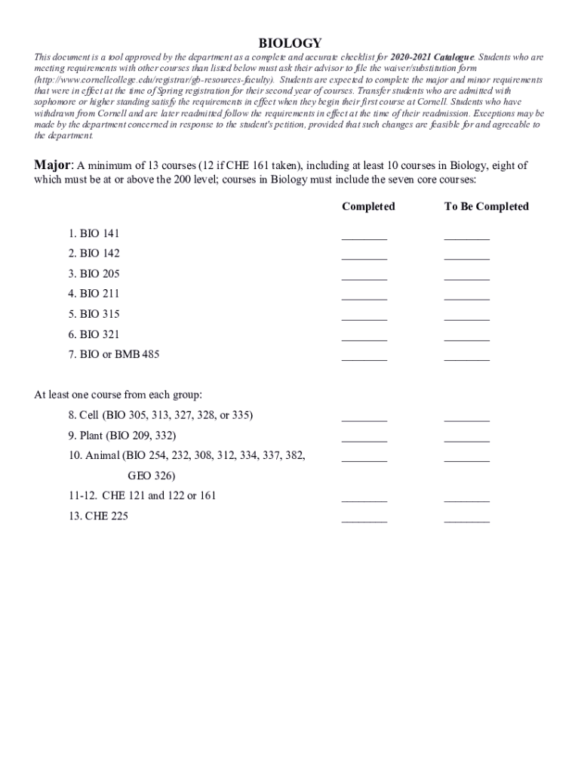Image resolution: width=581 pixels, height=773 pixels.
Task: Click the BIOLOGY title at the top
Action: (290, 43)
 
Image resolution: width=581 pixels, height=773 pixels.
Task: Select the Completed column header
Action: (368, 206)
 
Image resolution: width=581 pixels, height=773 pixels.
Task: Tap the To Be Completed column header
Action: (487, 206)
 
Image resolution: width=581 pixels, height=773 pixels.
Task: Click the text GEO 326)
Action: (151, 476)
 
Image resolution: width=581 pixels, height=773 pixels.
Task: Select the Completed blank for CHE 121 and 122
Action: (364, 497)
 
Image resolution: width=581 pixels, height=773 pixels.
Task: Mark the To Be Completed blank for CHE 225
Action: (466, 518)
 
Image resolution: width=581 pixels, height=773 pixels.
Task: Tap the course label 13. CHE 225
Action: (97, 516)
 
